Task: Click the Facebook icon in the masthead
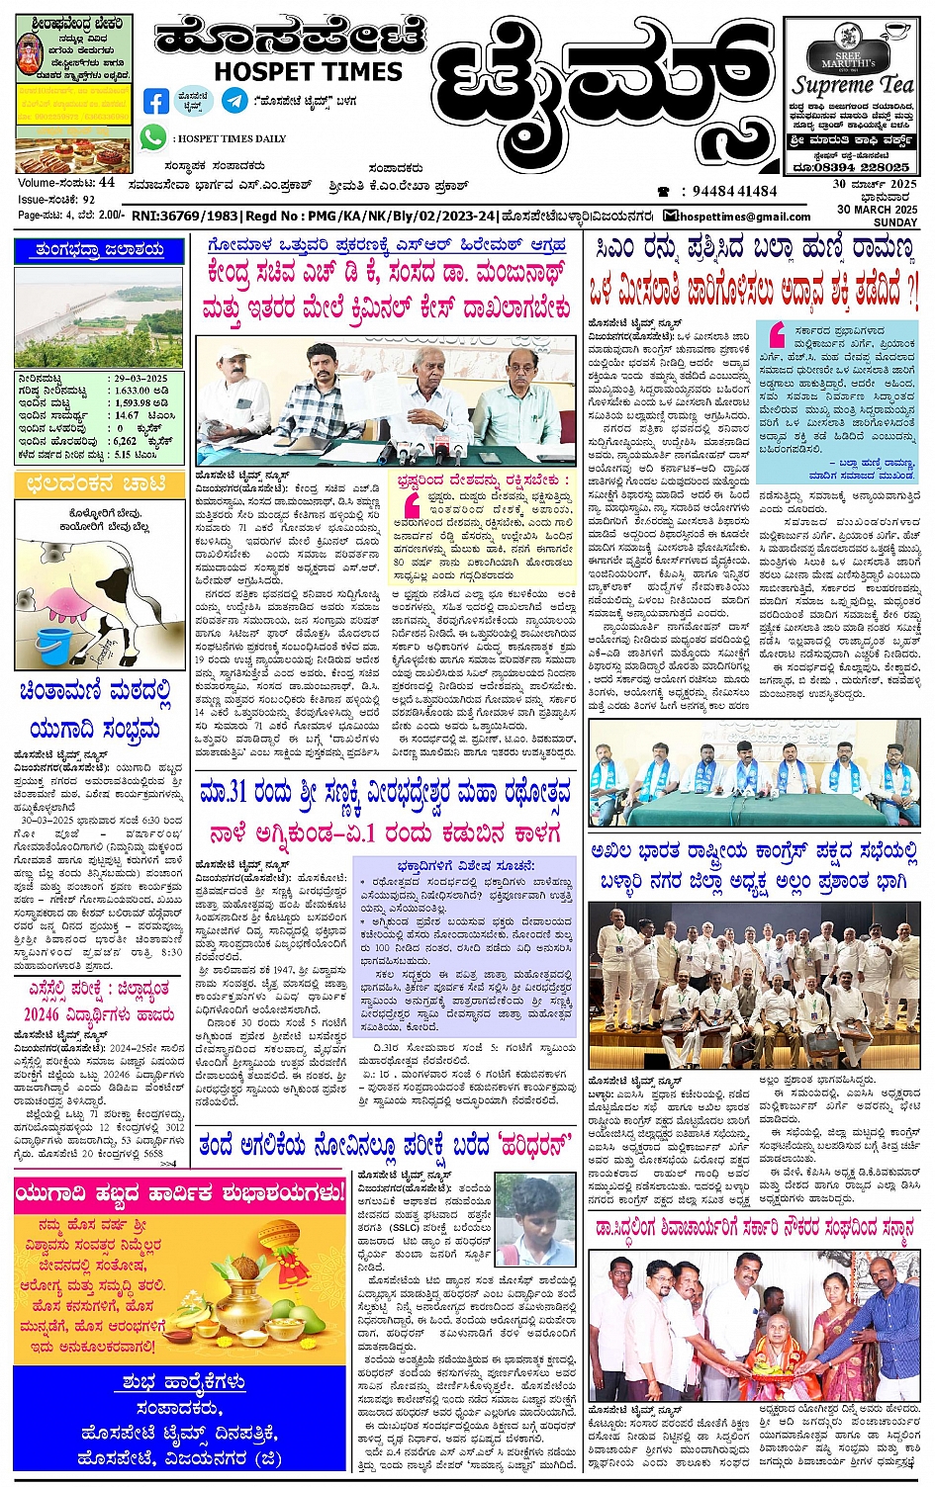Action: (x=156, y=101)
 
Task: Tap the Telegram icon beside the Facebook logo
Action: (x=234, y=100)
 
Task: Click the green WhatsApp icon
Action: (x=152, y=138)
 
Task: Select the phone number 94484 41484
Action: (x=734, y=191)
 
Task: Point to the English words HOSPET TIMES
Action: (x=308, y=72)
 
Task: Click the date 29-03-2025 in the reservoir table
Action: (x=140, y=379)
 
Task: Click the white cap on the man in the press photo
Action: (x=231, y=352)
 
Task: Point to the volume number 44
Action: (x=106, y=182)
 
